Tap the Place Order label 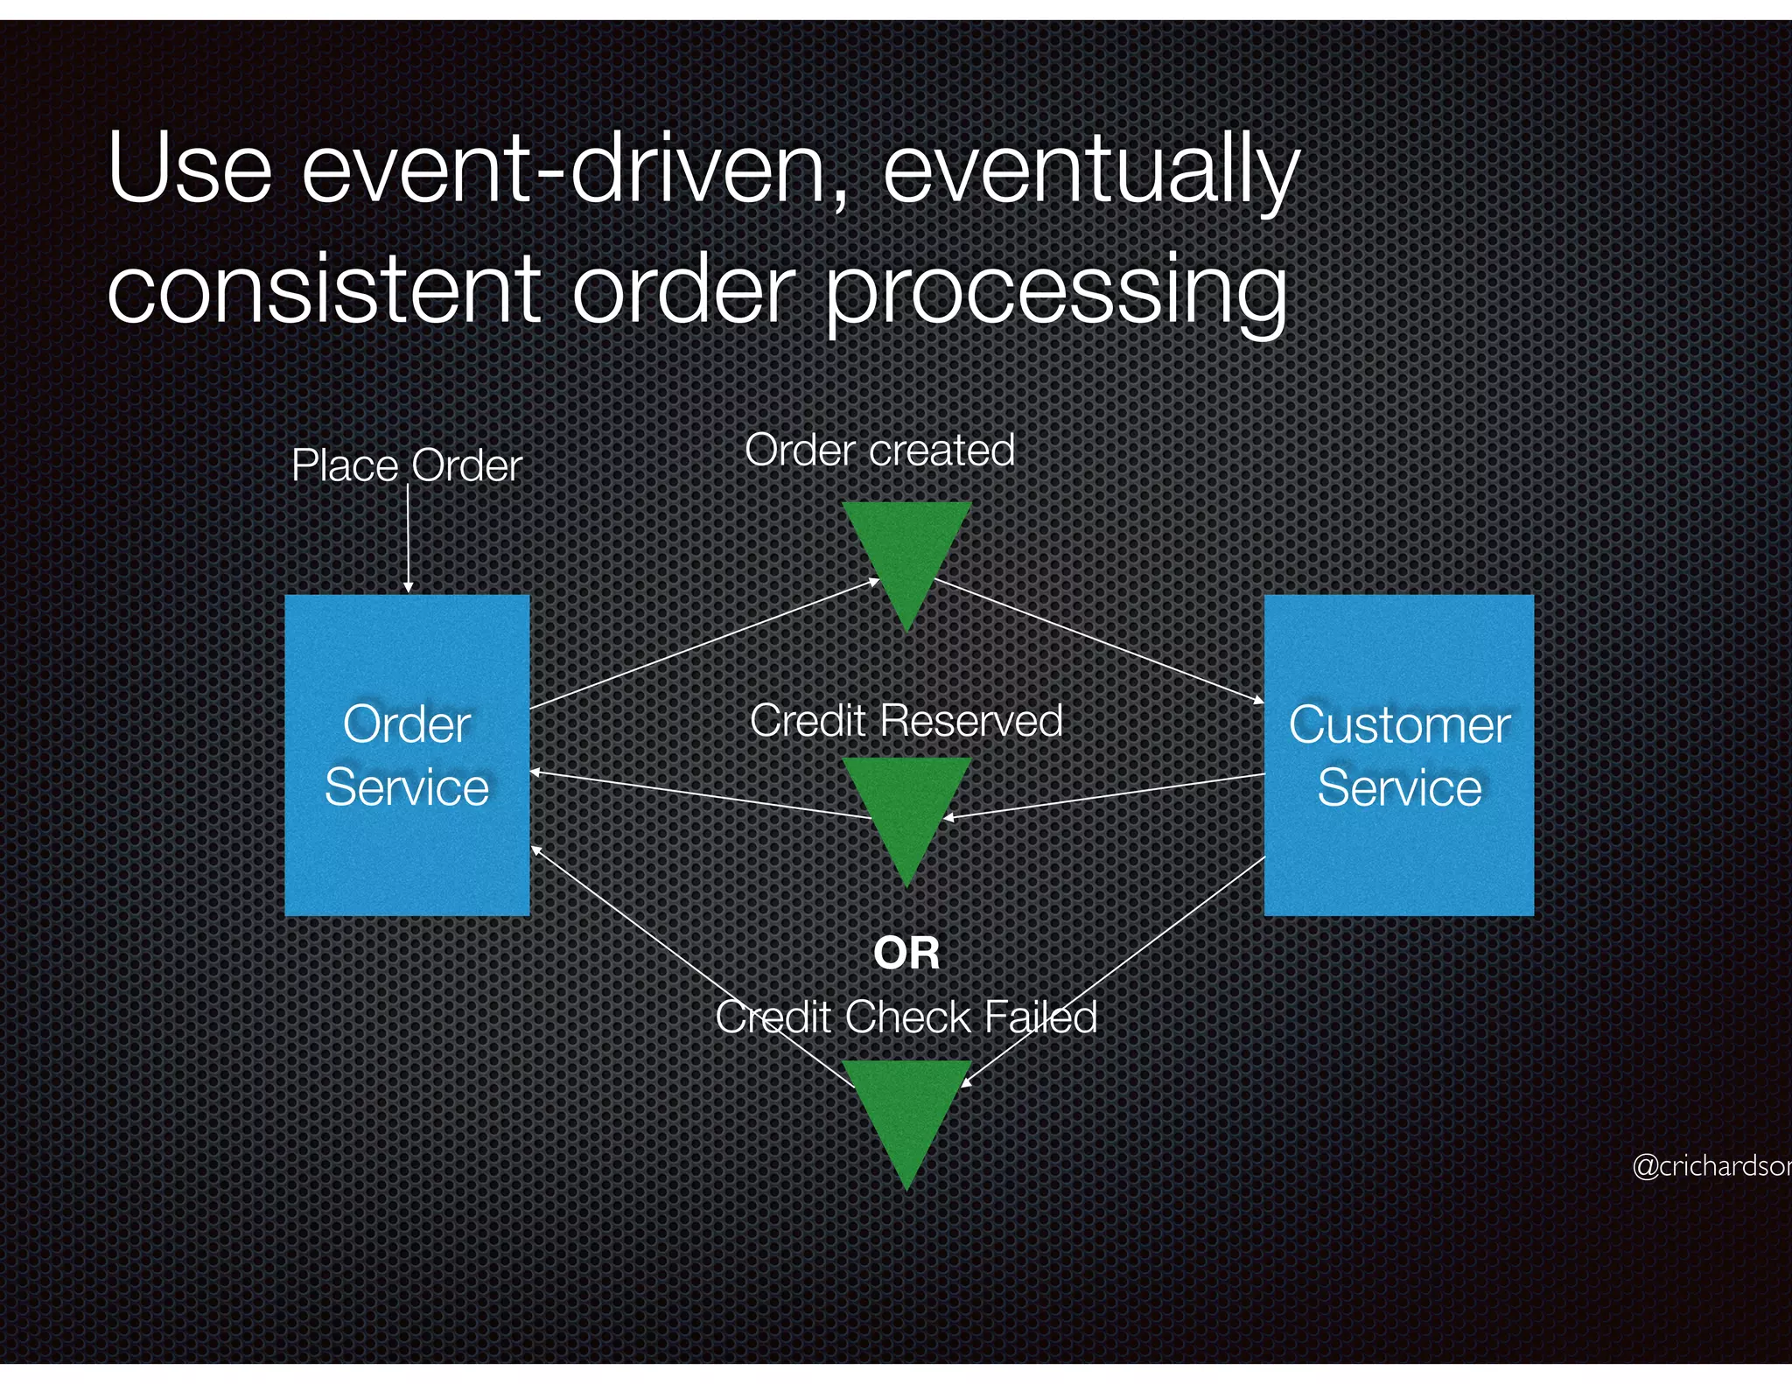tap(406, 465)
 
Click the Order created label tap(879, 451)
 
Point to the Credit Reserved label tap(906, 721)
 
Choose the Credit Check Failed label tap(906, 1017)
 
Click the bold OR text tap(906, 953)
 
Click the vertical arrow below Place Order tap(408, 538)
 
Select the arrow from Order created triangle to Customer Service tap(1098, 640)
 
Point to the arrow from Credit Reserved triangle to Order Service tap(700, 795)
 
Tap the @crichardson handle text tap(1711, 1166)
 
